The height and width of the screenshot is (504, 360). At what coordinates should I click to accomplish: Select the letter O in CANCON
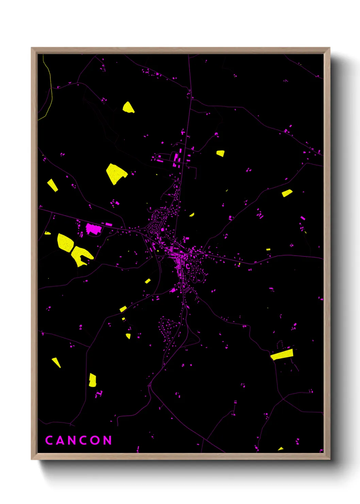coord(96,440)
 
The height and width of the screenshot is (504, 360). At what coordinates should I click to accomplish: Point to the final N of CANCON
coord(108,440)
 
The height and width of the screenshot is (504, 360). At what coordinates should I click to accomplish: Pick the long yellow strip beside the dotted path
coord(282,355)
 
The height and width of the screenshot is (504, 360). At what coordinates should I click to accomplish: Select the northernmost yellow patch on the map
coord(128,107)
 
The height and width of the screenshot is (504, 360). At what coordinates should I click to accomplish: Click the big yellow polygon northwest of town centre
coord(116,173)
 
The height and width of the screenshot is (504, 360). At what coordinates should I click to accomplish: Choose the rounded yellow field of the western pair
coord(65,242)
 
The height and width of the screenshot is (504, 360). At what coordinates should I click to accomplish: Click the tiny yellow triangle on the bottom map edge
coord(281,449)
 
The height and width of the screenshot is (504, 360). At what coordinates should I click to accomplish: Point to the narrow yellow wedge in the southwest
coord(56,362)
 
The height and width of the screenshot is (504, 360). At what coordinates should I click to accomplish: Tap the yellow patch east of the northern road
coord(221,154)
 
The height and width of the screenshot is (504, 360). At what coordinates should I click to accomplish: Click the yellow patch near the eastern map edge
coord(287,193)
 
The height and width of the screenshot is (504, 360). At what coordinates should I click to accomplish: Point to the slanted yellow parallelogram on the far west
coord(52,185)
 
